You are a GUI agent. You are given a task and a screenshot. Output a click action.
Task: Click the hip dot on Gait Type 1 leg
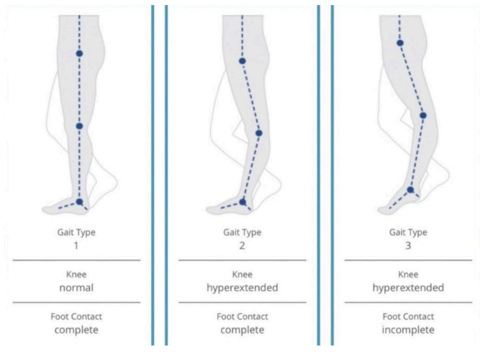pyautogui.click(x=79, y=53)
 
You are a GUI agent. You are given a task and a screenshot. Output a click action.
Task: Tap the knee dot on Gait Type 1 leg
pyautogui.click(x=79, y=126)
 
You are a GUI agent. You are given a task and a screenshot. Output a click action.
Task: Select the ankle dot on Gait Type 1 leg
pyautogui.click(x=79, y=202)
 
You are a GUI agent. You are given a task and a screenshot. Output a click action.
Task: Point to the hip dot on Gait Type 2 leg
pyautogui.click(x=242, y=61)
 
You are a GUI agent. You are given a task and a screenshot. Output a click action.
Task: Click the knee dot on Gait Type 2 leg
pyautogui.click(x=259, y=133)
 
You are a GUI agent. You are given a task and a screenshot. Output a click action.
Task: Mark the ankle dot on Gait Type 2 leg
pyautogui.click(x=242, y=202)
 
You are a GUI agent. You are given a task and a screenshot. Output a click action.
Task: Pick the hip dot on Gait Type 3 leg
pyautogui.click(x=400, y=43)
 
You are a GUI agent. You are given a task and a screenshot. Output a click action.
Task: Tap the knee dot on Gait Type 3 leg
pyautogui.click(x=423, y=115)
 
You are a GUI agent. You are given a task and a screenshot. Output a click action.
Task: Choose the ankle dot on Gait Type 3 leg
pyautogui.click(x=410, y=190)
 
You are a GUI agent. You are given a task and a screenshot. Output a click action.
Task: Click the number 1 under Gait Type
pyautogui.click(x=76, y=246)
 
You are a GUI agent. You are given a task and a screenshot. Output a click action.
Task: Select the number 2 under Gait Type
pyautogui.click(x=242, y=246)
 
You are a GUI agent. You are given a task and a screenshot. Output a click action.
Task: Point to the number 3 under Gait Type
pyautogui.click(x=408, y=246)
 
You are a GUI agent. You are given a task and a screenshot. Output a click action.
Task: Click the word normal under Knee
pyautogui.click(x=76, y=288)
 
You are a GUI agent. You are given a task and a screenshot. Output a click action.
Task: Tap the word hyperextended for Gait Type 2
pyautogui.click(x=242, y=288)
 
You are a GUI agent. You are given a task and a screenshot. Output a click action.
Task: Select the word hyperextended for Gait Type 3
pyautogui.click(x=408, y=288)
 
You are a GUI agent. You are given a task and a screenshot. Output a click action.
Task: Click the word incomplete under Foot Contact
pyautogui.click(x=408, y=330)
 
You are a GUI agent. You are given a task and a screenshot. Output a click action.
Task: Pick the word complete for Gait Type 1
pyautogui.click(x=76, y=330)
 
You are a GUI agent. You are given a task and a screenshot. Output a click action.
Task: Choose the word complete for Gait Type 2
pyautogui.click(x=242, y=330)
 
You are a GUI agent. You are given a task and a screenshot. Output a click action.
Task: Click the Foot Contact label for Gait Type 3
pyautogui.click(x=408, y=317)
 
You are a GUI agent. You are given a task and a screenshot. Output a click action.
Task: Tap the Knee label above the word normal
pyautogui.click(x=76, y=274)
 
